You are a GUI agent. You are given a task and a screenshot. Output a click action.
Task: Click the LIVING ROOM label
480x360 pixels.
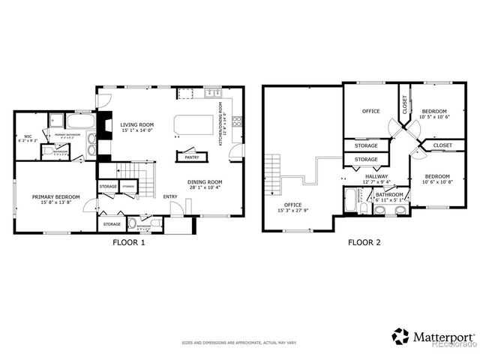[x=138, y=124]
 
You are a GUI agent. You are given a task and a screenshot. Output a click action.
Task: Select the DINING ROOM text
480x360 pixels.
[x=205, y=181]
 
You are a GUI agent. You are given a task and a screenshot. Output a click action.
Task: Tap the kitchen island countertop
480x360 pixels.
[x=190, y=124]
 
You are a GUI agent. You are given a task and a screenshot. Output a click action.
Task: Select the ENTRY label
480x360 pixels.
[x=170, y=196]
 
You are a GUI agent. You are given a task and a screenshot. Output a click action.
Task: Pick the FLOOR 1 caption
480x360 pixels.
[x=128, y=243]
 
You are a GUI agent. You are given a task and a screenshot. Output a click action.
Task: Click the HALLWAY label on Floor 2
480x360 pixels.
[x=376, y=176]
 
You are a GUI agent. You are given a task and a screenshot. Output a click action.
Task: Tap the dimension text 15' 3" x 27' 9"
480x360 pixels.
[x=293, y=210]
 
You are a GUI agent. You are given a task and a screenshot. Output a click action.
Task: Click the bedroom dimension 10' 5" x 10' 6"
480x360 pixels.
[x=434, y=116]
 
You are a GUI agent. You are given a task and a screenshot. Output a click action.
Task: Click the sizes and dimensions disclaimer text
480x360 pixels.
[x=239, y=343]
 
